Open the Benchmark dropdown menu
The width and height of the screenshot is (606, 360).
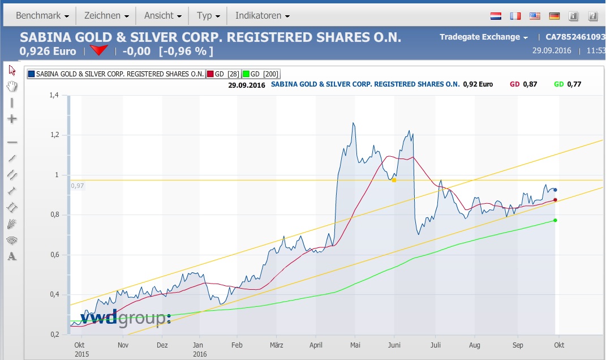point(42,16)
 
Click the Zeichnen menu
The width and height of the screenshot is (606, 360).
point(106,16)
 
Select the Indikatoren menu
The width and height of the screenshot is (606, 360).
point(262,16)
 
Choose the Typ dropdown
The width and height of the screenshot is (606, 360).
point(208,16)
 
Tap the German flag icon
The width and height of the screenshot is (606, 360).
point(554,16)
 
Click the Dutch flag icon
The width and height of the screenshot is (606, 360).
point(496,16)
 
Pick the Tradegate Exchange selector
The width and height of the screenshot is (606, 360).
point(484,37)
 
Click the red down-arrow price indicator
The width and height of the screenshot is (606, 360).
point(100,51)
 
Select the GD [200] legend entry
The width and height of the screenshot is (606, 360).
point(260,74)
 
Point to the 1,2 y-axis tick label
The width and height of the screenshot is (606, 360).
point(54,135)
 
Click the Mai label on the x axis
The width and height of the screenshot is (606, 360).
point(355,345)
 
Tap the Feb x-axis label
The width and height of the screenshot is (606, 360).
point(237,345)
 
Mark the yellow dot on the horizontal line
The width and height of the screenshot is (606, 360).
point(394,180)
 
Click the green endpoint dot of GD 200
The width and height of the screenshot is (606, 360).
point(555,220)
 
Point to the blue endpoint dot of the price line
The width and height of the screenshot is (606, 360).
point(555,190)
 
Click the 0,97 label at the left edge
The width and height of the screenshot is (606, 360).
point(77,186)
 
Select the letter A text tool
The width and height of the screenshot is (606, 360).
point(12,256)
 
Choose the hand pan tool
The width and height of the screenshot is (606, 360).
point(12,87)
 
